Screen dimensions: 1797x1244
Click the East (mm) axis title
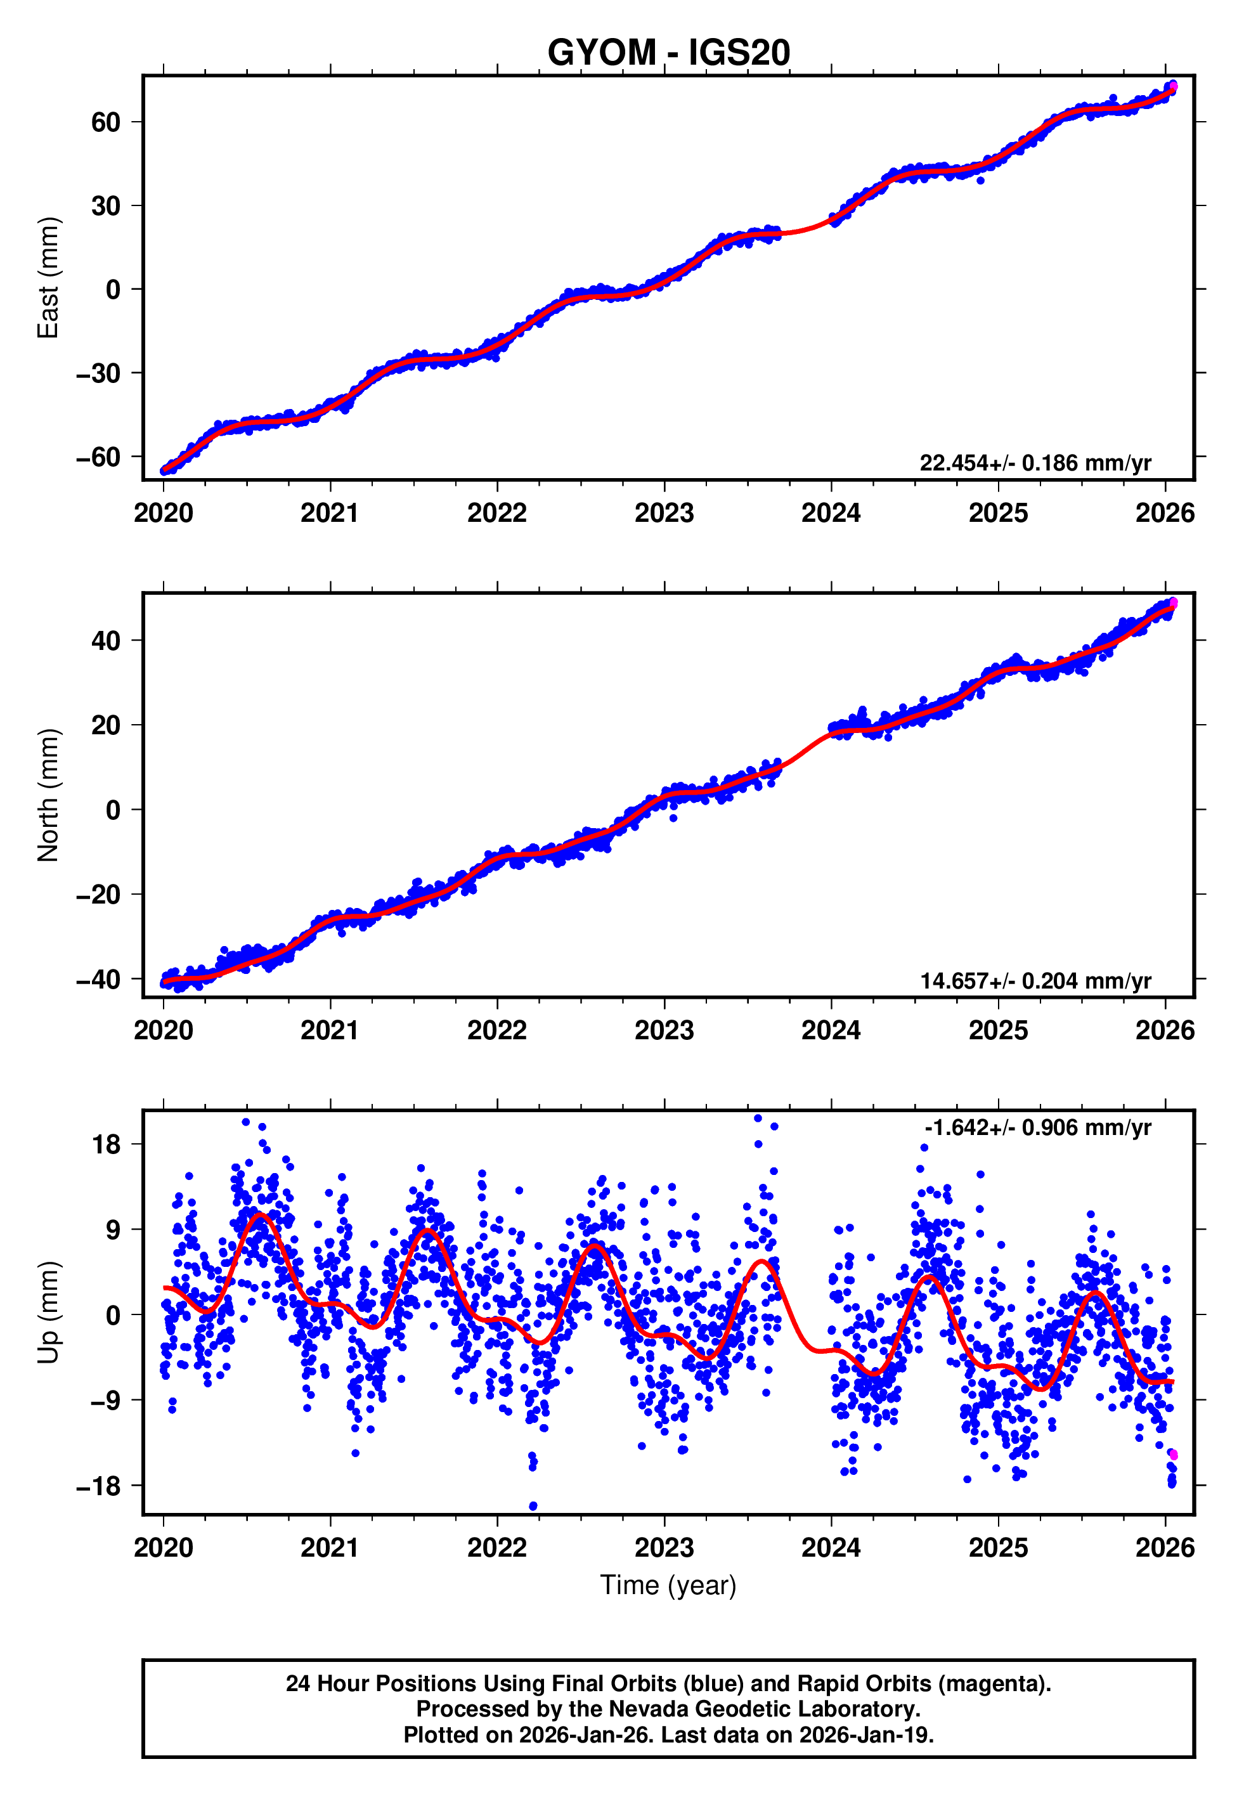tap(48, 278)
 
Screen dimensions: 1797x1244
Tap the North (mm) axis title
tap(48, 795)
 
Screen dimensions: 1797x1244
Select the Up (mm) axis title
tap(48, 1313)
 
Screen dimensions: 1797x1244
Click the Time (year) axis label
tap(668, 1585)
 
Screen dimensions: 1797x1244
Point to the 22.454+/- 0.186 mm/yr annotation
tap(1035, 463)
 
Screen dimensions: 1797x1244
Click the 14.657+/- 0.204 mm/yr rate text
tap(1035, 980)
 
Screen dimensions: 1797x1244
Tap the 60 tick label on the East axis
tap(106, 122)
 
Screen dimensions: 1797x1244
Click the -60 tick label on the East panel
tap(98, 457)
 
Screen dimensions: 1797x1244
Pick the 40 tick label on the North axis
tap(106, 641)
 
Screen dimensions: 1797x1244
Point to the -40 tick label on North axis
tap(98, 980)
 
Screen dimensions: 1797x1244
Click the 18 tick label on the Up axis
tap(107, 1145)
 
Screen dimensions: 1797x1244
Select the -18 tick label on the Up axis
tap(98, 1486)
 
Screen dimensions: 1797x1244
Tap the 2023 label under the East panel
tap(664, 513)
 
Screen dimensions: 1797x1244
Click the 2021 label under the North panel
tap(330, 1030)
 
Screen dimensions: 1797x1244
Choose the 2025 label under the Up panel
tap(998, 1547)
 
